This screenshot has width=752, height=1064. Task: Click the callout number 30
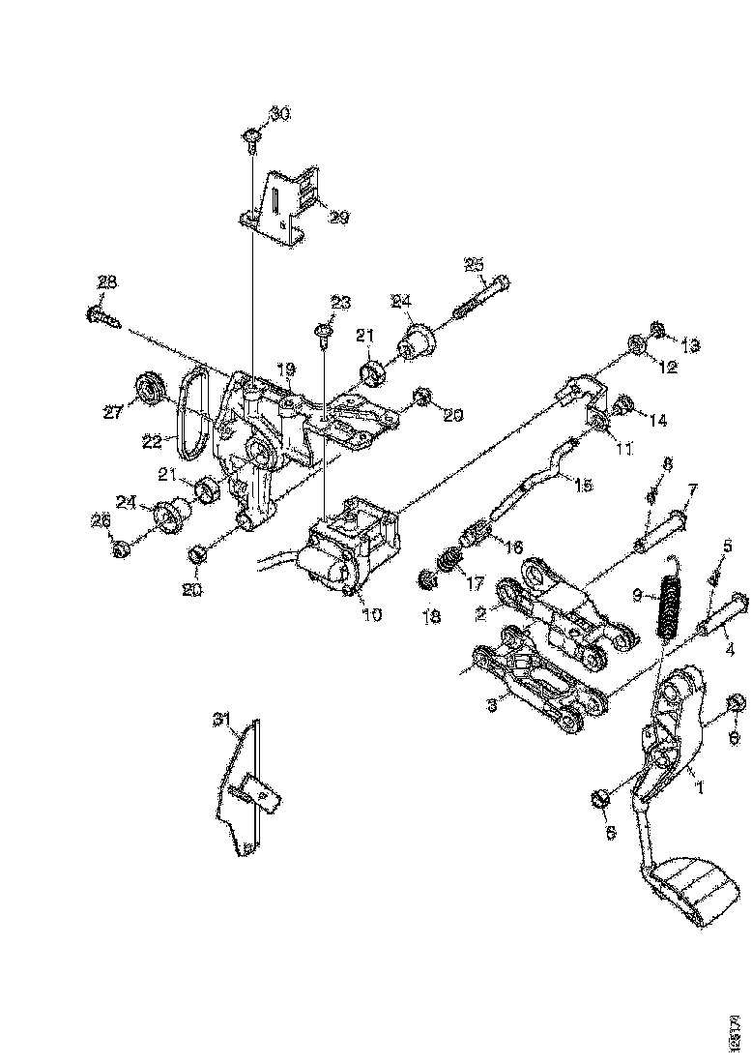(x=278, y=114)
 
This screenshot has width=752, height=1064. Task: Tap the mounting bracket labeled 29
(x=283, y=205)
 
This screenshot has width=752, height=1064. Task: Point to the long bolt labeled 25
(x=480, y=297)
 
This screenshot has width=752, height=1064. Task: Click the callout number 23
(x=340, y=303)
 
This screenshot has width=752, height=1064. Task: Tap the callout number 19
(x=286, y=369)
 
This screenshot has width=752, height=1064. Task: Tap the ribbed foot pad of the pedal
(x=694, y=891)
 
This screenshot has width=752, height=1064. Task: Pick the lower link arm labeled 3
(x=527, y=677)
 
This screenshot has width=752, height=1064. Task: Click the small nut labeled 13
(x=657, y=332)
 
